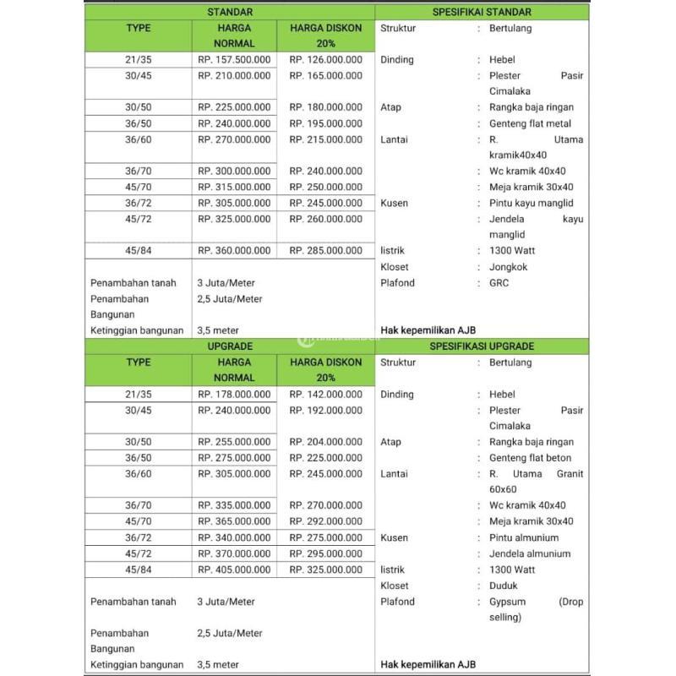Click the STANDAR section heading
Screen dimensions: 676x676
pos(230,12)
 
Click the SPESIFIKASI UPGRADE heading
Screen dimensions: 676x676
pos(482,346)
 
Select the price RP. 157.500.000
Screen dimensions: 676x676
pos(234,60)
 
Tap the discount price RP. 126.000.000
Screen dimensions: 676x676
pos(325,60)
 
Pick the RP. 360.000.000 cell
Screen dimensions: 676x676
pos(234,251)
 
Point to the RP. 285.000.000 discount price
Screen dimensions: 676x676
pos(325,251)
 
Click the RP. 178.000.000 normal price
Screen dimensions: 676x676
pos(234,395)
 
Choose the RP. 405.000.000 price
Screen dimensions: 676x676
pos(234,570)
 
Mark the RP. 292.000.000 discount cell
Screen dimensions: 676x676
pos(325,522)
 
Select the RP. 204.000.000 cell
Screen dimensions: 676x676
pos(325,442)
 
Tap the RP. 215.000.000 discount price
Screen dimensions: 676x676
pos(325,139)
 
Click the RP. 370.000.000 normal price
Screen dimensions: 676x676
pos(234,554)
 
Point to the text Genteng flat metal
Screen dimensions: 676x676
pos(530,123)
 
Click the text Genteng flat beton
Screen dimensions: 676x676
pos(530,458)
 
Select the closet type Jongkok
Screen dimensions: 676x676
pos(508,267)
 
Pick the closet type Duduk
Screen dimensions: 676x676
pos(504,586)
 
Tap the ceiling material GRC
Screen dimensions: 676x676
pos(499,283)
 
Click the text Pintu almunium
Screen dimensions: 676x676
pos(523,538)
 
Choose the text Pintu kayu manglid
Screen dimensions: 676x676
pos(531,204)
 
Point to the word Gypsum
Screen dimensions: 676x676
pos(507,602)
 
